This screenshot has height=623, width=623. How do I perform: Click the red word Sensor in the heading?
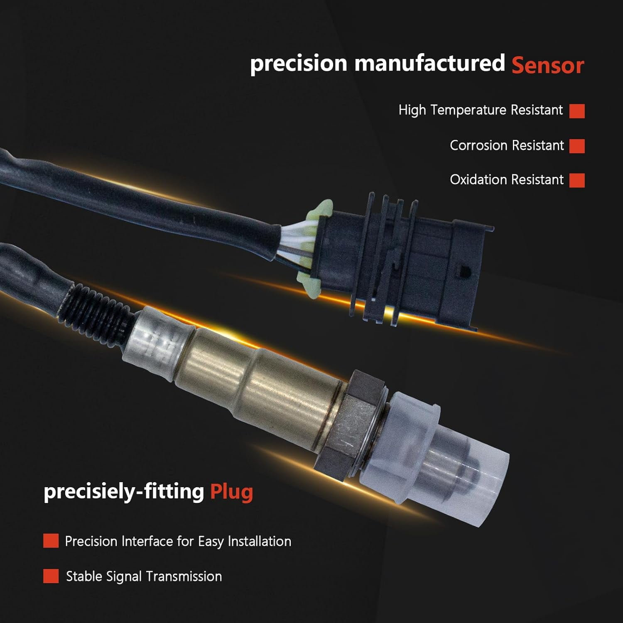[x=548, y=66]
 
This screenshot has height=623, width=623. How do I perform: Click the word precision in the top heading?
[x=299, y=64]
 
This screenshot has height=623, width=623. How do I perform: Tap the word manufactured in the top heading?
[x=430, y=63]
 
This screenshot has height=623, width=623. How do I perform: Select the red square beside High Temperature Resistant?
[x=577, y=111]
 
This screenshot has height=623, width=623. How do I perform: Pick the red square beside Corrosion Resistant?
[x=577, y=146]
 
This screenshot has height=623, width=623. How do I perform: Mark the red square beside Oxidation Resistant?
[x=577, y=180]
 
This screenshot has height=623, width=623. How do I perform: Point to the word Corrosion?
[x=478, y=145]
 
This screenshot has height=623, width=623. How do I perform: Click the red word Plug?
[x=231, y=493]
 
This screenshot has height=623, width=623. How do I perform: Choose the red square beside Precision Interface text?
[x=51, y=541]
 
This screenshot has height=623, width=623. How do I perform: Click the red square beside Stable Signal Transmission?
[x=51, y=576]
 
